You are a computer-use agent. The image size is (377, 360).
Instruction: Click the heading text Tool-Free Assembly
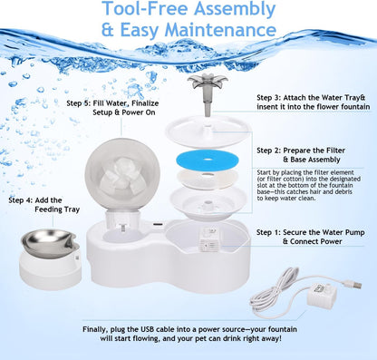[x=188, y=11]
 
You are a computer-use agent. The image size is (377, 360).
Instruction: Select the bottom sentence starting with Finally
[x=188, y=339]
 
